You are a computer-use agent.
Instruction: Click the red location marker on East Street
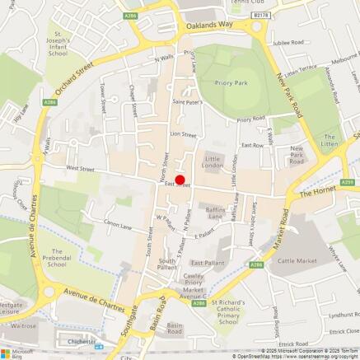point(180,180)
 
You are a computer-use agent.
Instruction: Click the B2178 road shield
point(261,15)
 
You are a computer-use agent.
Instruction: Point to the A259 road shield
point(347,182)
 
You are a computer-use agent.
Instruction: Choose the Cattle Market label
point(297,260)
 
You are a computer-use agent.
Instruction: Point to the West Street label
point(81,168)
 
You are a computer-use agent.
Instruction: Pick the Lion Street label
point(183,133)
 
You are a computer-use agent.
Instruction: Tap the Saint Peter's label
point(187,102)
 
